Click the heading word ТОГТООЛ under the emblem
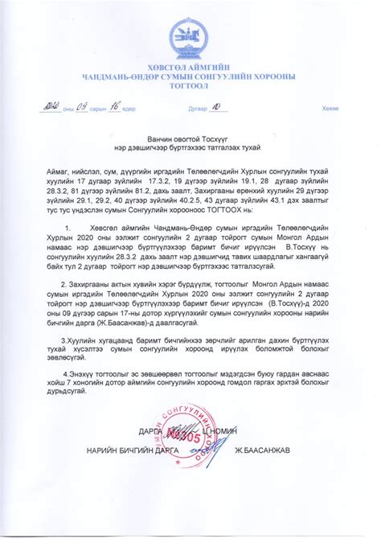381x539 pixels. click(190, 88)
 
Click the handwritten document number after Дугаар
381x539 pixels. click(215, 106)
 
